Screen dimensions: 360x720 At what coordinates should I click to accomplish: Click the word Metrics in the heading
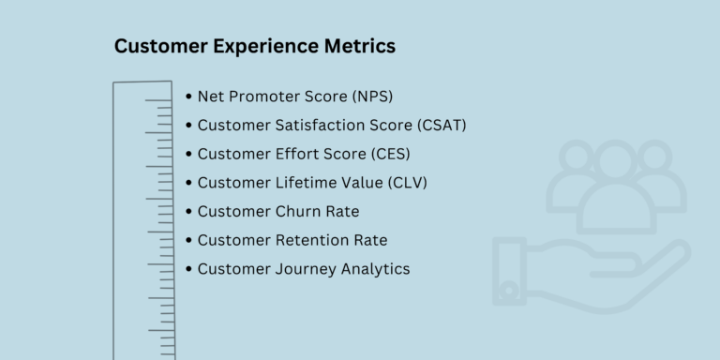[360, 45]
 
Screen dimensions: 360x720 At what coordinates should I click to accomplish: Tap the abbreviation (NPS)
[372, 97]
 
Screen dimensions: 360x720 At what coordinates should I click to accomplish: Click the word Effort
[292, 154]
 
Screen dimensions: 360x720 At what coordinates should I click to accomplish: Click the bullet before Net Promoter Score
[190, 97]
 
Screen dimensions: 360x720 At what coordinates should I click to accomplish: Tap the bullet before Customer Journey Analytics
[190, 269]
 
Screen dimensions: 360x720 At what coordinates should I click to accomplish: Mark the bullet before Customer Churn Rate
[190, 211]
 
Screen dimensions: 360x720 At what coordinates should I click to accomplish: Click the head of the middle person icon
[617, 160]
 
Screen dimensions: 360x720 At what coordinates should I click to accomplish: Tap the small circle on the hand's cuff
[509, 291]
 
